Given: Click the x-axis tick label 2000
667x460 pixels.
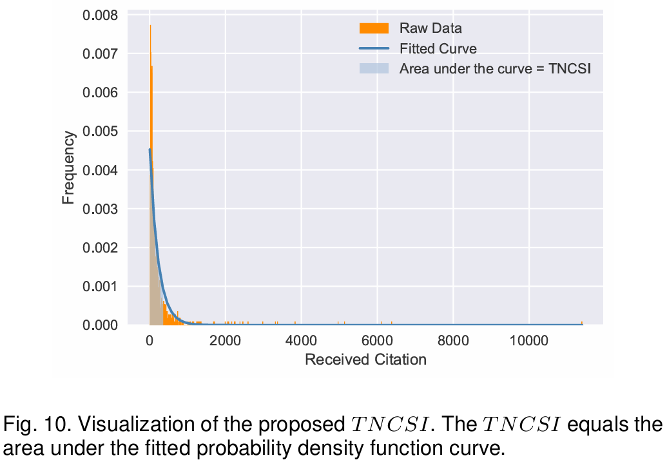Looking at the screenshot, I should (225, 340).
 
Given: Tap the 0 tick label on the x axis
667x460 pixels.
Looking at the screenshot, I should (150, 340).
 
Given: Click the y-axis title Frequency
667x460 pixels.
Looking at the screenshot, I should (68, 168).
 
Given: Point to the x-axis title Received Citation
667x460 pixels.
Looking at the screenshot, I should (365, 359).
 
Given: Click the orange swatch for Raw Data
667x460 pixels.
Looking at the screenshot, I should (374, 28).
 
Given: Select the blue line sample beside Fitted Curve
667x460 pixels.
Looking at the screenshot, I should (374, 48).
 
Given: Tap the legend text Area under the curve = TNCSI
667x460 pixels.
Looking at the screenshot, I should (495, 69).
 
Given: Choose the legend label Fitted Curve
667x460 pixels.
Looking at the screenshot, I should (438, 48).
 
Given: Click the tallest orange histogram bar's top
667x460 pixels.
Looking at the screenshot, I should (150, 26).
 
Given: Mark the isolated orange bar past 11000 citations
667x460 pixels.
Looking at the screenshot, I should (581, 323).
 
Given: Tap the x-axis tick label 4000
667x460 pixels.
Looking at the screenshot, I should (301, 340).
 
